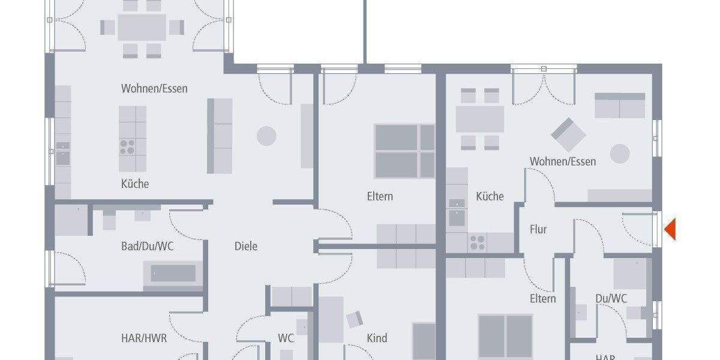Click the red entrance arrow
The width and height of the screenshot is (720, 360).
[670, 229]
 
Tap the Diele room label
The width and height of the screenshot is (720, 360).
[246, 246]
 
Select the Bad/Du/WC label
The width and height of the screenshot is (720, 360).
[147, 246]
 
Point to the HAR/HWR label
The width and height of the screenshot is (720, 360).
[144, 338]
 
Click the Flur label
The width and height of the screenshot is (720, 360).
[538, 229]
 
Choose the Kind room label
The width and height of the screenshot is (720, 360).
[377, 338]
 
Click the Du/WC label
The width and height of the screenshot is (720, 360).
[611, 298]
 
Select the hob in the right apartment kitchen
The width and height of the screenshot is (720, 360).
[478, 242]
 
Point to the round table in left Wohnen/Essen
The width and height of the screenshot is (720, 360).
[266, 136]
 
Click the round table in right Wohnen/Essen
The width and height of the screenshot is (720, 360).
[620, 154]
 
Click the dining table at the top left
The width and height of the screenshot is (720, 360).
[142, 27]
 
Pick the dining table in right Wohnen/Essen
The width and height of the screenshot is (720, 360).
[479, 119]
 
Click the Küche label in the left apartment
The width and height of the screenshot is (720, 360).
[135, 184]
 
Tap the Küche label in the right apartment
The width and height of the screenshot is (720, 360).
[490, 196]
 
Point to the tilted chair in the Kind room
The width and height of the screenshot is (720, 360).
[355, 320]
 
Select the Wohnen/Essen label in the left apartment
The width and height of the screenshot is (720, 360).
[154, 89]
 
